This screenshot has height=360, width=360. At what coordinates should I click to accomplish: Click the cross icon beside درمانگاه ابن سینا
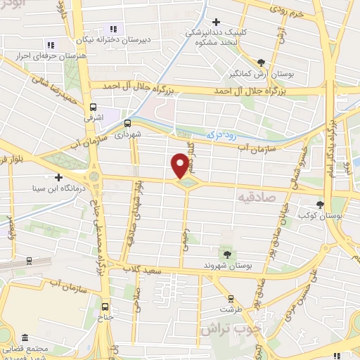pos(58,177)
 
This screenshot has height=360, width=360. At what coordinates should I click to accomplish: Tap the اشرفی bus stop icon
pos(92,108)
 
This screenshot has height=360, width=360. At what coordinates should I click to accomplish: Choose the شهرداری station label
pos(129,133)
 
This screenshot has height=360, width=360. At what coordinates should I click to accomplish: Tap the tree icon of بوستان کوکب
pos(321,204)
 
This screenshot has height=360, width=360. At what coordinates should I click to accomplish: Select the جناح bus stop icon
pos(105,307)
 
